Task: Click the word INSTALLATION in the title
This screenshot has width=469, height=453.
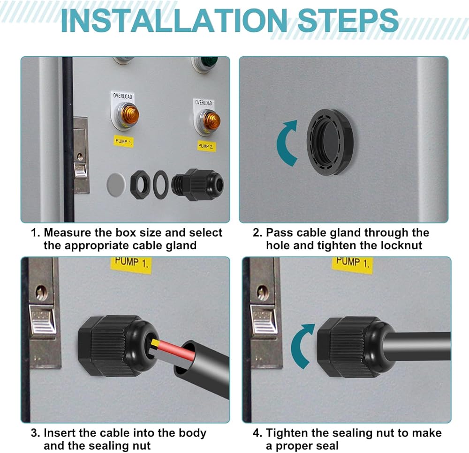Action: click(174, 21)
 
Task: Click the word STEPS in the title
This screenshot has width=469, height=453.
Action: click(348, 21)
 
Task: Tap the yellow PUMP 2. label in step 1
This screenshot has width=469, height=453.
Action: click(206, 146)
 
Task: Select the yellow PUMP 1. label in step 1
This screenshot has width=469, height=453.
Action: click(123, 141)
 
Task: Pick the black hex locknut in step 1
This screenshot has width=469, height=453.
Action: click(140, 185)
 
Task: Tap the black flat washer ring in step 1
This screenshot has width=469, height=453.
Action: click(160, 185)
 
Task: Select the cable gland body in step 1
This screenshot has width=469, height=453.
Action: click(198, 185)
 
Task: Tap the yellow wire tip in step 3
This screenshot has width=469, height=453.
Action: click(155, 342)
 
